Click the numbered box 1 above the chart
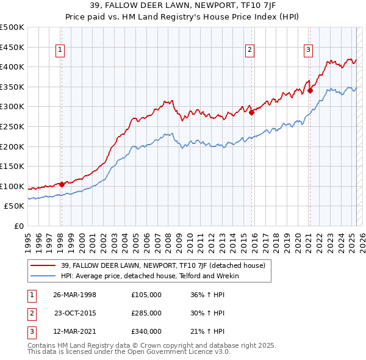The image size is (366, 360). pos(61,51)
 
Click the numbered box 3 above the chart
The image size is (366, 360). pos(309,51)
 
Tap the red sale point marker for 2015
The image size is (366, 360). pos(251,112)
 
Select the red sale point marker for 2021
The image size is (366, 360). pos(310,90)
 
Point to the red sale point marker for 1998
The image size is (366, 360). pos(62,184)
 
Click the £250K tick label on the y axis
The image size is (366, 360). pos(12,127)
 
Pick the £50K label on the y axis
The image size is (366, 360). pos(15,206)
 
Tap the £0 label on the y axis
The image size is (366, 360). pos(18,226)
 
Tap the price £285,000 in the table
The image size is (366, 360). pos(146,313)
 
